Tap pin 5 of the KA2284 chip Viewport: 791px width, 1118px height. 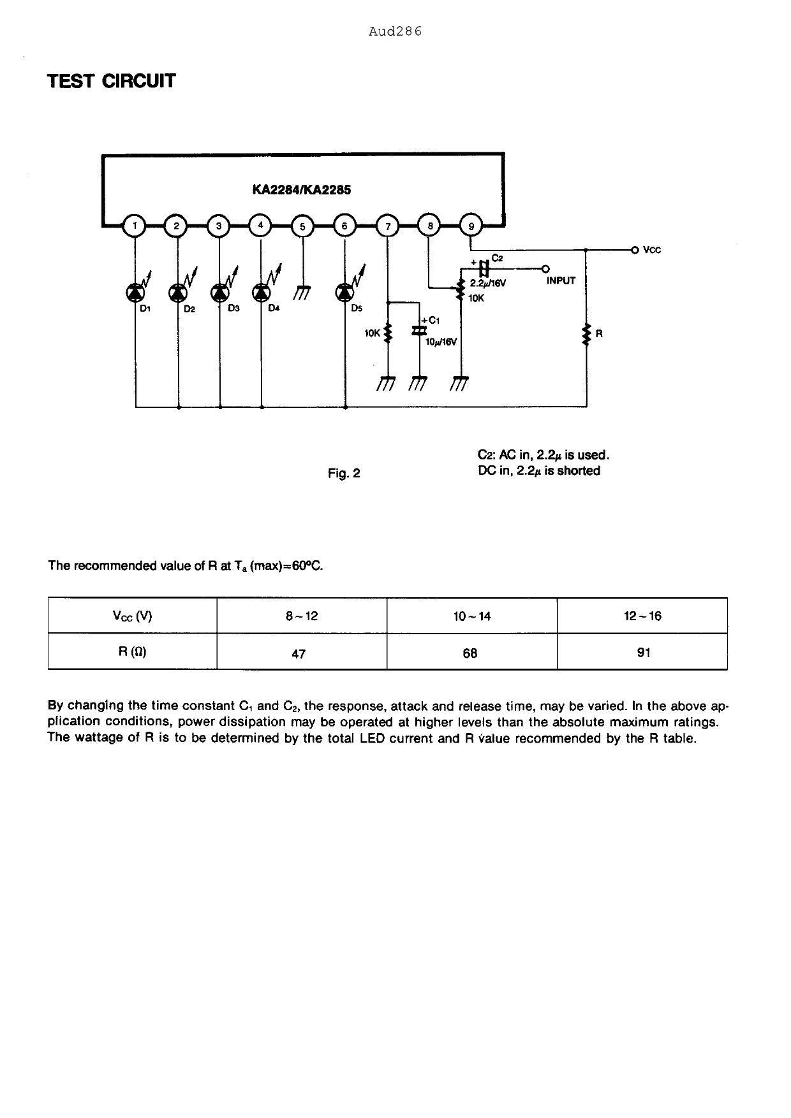pyautogui.click(x=303, y=226)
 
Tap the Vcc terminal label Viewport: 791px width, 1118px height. pyautogui.click(x=652, y=250)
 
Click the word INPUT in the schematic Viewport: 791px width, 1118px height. pyautogui.click(x=561, y=280)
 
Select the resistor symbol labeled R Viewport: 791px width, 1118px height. pyautogui.click(x=586, y=334)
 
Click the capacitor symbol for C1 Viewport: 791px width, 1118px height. pyautogui.click(x=419, y=330)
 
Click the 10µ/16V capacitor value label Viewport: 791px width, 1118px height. pyautogui.click(x=441, y=342)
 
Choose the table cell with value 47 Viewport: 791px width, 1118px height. pyautogui.click(x=299, y=653)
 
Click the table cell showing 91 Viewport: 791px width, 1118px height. pyautogui.click(x=644, y=653)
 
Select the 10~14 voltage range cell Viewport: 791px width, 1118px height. pyautogui.click(x=472, y=616)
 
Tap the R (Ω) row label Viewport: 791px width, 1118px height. pyautogui.click(x=133, y=652)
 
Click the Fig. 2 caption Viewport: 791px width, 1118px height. pyautogui.click(x=344, y=473)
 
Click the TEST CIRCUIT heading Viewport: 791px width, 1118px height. pyautogui.click(x=112, y=82)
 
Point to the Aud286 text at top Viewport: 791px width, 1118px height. pyautogui.click(x=395, y=31)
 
